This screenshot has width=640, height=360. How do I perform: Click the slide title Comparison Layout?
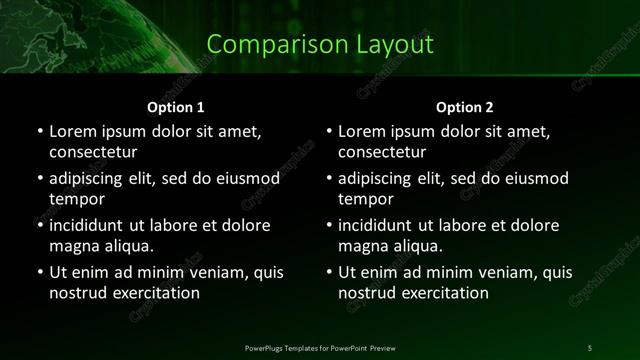click(320, 45)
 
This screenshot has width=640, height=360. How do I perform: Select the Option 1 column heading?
click(176, 107)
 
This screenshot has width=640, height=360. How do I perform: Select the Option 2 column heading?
click(465, 107)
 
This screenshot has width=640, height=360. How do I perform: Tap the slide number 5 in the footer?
click(590, 347)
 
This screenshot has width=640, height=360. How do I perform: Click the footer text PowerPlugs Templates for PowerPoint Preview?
click(320, 347)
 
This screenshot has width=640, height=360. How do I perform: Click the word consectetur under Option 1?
click(93, 153)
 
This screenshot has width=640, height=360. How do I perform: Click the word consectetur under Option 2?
click(383, 153)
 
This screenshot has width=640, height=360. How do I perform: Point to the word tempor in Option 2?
click(365, 199)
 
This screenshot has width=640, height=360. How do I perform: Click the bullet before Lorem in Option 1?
click(39, 132)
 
